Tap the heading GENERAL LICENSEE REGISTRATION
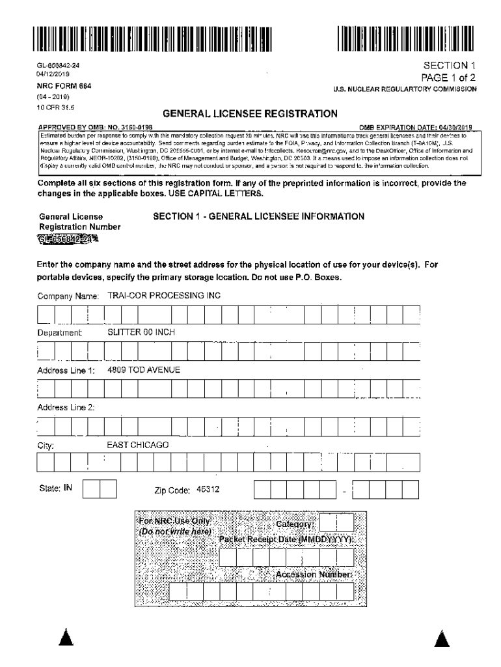coord(250,114)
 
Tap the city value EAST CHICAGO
coord(137,445)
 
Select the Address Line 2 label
coord(66,407)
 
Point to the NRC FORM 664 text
coord(64,86)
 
